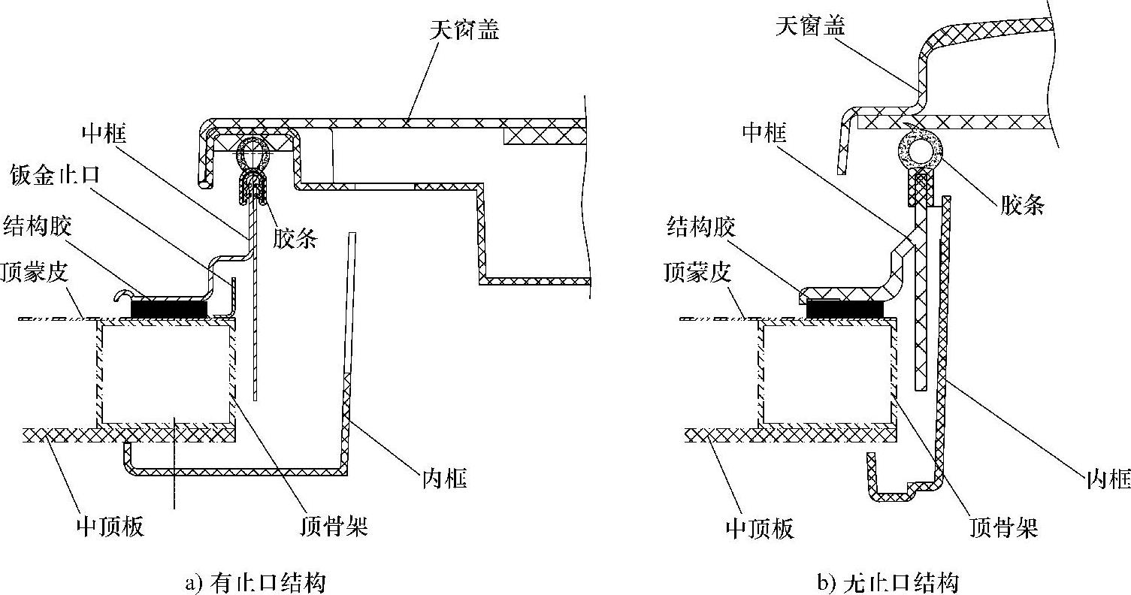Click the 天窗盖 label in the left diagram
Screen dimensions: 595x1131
pos(465,31)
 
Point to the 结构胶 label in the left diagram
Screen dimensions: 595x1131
pos(38,225)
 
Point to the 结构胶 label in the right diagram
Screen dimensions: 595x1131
pos(700,227)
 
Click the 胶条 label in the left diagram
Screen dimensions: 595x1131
pos(295,239)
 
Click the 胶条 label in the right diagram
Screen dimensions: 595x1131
pos(1022,204)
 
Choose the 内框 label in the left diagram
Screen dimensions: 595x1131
pos(444,478)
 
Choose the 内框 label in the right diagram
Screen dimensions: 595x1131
pos(1108,479)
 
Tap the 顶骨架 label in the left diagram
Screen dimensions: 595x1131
pos(333,526)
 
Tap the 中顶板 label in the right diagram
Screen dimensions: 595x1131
pos(760,528)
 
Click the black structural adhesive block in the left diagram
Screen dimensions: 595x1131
pos(169,308)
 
